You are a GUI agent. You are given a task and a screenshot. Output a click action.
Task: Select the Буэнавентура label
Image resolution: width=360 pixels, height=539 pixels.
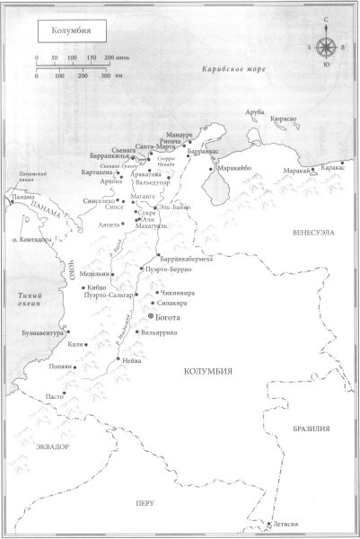(x=40, y=332)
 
